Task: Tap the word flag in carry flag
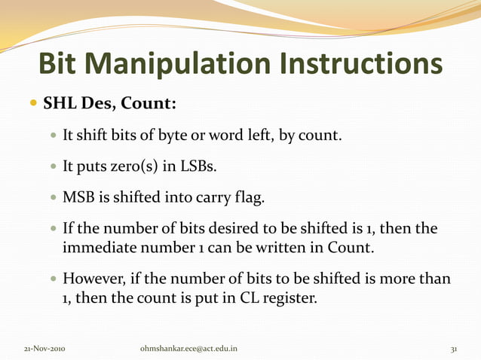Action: [x=248, y=198]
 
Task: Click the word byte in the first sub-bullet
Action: [x=172, y=137]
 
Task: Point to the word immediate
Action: [x=98, y=247]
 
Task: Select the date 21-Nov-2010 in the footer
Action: [x=44, y=349]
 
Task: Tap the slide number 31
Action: [x=455, y=349]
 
